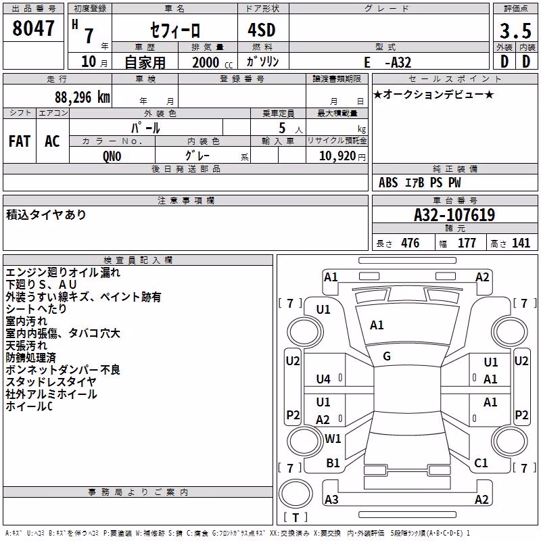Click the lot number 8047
(x=33, y=28)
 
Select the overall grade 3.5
(x=515, y=30)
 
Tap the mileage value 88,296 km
(x=83, y=97)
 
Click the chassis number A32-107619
(x=454, y=215)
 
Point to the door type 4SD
(x=262, y=30)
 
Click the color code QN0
(x=112, y=156)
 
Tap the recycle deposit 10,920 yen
(x=342, y=156)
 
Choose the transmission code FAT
(x=20, y=141)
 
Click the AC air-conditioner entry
(x=52, y=141)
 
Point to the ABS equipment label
(x=388, y=183)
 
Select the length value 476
(x=410, y=243)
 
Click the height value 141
(x=521, y=243)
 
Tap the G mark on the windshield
(x=387, y=356)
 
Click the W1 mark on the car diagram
(x=333, y=438)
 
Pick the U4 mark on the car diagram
(x=323, y=379)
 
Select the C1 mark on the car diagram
(x=481, y=463)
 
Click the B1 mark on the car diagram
(x=333, y=463)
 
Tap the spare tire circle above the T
(x=296, y=494)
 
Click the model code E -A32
(x=387, y=62)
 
